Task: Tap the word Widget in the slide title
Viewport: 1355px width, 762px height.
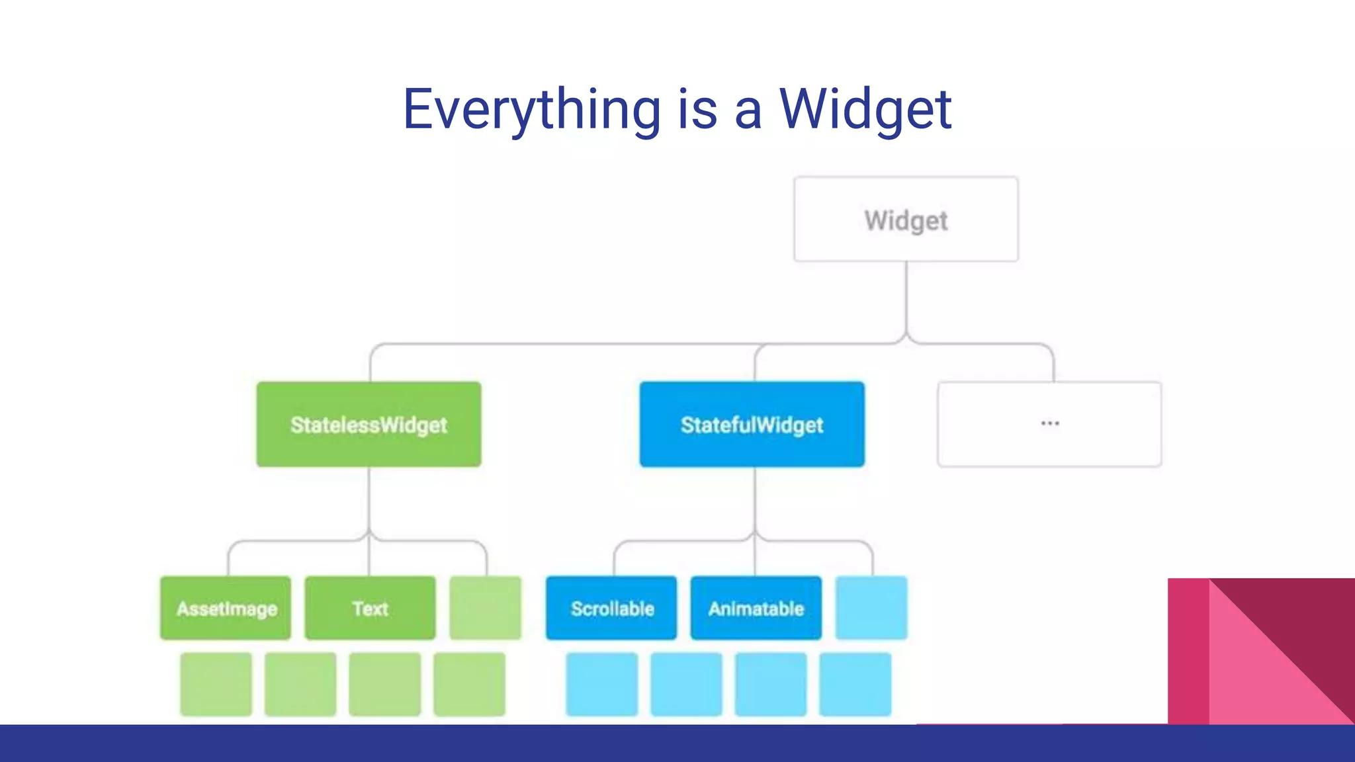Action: pyautogui.click(x=865, y=110)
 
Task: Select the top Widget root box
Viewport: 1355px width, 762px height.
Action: pyautogui.click(x=906, y=220)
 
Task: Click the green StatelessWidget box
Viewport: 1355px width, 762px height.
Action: pyautogui.click(x=369, y=425)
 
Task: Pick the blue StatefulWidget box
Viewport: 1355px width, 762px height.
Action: pyautogui.click(x=752, y=425)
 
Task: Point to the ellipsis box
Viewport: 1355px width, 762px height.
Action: pyautogui.click(x=1049, y=425)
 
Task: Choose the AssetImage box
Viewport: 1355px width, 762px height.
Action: pyautogui.click(x=226, y=609)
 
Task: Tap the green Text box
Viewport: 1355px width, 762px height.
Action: pyautogui.click(x=370, y=609)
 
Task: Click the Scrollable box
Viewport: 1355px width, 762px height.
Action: pyautogui.click(x=611, y=609)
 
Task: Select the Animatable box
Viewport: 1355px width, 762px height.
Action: pyautogui.click(x=756, y=609)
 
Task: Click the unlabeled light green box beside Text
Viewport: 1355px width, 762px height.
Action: pyautogui.click(x=486, y=609)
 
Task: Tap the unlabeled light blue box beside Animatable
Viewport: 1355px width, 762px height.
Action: pyautogui.click(x=871, y=609)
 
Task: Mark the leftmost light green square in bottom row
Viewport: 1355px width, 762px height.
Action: pyautogui.click(x=216, y=685)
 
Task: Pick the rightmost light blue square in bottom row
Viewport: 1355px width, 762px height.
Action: pyautogui.click(x=855, y=685)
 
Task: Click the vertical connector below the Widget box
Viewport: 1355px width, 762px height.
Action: pyautogui.click(x=906, y=298)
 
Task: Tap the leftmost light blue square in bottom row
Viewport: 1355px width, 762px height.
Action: pyautogui.click(x=602, y=685)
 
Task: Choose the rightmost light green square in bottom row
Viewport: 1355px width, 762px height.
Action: pyautogui.click(x=470, y=685)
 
